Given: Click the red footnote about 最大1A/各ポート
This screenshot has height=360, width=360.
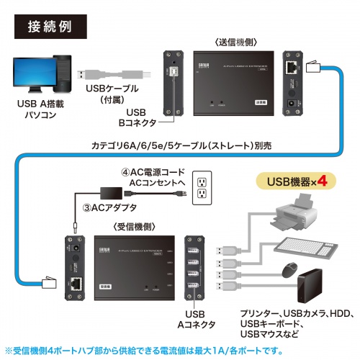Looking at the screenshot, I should click(180, 350).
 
